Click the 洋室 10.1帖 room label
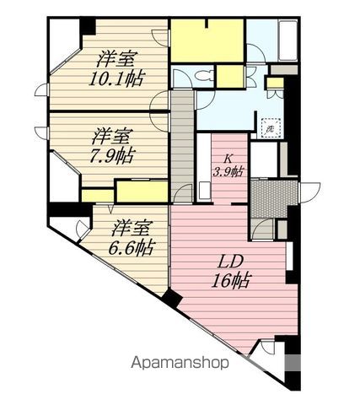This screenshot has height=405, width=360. point(116,68)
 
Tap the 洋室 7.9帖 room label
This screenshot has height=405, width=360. point(111,146)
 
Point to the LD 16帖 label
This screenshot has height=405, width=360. point(230,272)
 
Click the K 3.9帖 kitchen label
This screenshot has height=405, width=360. point(228,166)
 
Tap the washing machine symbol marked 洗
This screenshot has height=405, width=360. point(271,129)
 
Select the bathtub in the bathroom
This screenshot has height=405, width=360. point(287,40)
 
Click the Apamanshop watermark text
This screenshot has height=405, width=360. point(180,363)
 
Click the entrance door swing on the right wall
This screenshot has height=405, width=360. point(309,192)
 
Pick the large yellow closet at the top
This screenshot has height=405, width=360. point(207,40)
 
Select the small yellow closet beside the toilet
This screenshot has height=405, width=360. point(230,77)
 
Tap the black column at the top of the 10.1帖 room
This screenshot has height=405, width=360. point(88,26)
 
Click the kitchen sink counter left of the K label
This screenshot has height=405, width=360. point(204,168)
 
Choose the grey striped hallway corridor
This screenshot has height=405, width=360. point(182,146)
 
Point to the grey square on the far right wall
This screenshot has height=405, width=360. point(293,363)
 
